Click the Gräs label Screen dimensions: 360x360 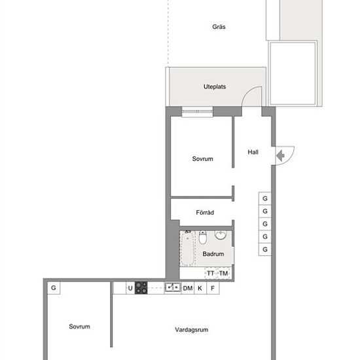(219, 27)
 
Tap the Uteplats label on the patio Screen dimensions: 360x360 (215, 86)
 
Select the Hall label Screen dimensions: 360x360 (253, 152)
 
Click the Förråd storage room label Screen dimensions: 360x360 (205, 212)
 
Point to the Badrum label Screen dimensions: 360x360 (213, 254)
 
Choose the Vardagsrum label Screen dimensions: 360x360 (192, 330)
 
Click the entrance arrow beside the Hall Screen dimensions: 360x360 (280, 156)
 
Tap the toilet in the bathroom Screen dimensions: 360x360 (202, 238)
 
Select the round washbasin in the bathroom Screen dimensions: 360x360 (221, 235)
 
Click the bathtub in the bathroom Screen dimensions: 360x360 (188, 249)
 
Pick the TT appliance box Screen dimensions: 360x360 (211, 273)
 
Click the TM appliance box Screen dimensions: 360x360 (224, 273)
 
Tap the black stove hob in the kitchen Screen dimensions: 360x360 (141, 288)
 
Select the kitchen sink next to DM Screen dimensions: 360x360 (173, 287)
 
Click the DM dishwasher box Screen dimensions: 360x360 (188, 288)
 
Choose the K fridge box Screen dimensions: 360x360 (200, 288)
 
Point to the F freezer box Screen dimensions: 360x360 (213, 288)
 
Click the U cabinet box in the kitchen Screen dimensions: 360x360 (130, 288)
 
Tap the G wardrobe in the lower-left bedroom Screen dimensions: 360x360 (54, 288)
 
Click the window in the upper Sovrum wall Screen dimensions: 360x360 (197, 111)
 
